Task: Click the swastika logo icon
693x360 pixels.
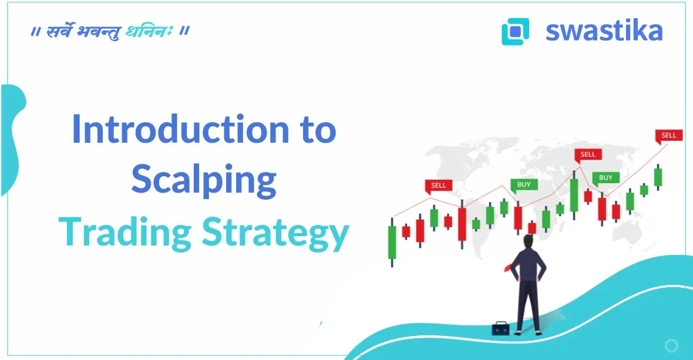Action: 515,31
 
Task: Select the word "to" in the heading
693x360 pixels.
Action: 316,130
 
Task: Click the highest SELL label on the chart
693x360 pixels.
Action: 668,135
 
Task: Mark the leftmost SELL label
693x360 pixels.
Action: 438,185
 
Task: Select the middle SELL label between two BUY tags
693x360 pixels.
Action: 588,154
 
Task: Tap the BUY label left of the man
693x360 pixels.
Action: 523,184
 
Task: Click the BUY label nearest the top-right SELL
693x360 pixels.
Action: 605,177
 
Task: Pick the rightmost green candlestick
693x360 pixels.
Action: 658,176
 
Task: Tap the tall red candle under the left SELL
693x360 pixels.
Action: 462,224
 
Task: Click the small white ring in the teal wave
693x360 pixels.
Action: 671,345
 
